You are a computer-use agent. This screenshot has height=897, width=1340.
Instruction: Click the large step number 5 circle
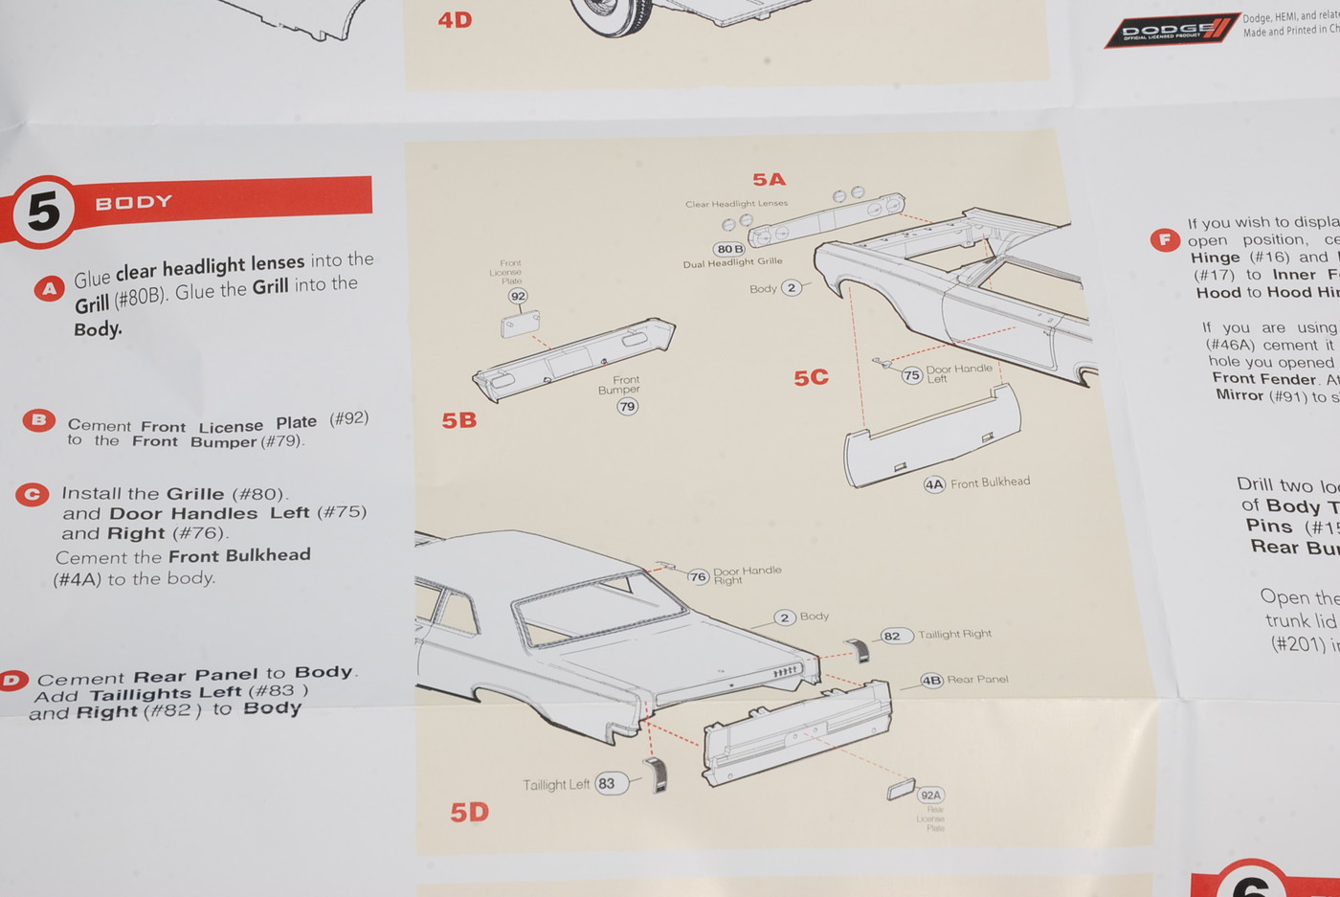click(43, 211)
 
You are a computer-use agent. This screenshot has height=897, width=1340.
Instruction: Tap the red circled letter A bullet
click(49, 288)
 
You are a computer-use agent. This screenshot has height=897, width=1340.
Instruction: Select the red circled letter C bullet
click(33, 494)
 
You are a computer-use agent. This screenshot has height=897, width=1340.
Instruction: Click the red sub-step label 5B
click(459, 420)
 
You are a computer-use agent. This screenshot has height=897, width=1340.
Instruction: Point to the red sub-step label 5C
click(811, 378)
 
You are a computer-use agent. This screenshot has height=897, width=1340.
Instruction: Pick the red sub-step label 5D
click(469, 812)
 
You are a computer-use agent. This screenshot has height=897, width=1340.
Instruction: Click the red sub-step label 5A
click(769, 180)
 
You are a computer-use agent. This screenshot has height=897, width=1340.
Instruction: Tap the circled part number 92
click(518, 296)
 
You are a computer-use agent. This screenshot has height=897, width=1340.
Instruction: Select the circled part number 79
click(627, 407)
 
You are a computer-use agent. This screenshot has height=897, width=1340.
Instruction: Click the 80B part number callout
click(729, 249)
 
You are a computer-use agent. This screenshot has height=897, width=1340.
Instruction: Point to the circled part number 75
click(911, 375)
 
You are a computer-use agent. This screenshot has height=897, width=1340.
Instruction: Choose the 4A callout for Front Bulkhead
click(934, 484)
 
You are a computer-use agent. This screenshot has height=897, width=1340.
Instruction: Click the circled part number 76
click(698, 576)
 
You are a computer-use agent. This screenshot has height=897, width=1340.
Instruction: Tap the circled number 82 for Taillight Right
click(892, 636)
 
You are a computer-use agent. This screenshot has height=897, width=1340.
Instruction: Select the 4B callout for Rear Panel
click(931, 681)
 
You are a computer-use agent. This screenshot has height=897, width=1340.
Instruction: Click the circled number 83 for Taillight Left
click(607, 783)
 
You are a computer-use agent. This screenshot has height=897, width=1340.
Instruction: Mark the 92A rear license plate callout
click(930, 795)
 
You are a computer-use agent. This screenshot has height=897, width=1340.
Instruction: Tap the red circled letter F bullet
click(1164, 239)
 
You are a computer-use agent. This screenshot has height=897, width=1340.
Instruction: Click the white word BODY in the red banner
click(134, 202)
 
